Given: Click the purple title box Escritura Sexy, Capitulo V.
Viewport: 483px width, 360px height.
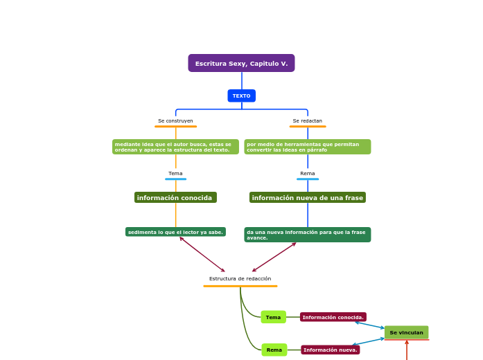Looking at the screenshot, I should pos(241,64).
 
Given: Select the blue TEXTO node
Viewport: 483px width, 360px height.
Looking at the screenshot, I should pos(241,96).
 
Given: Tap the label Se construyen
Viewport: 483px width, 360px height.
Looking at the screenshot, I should pos(175,121).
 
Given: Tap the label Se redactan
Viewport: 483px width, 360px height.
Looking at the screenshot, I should pos(307,121).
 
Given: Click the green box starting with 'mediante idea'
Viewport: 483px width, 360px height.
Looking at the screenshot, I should pos(175,147).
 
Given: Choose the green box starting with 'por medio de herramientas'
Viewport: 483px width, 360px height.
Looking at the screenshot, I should pos(307,147).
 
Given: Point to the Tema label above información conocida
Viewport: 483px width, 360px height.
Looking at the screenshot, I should pos(175,174).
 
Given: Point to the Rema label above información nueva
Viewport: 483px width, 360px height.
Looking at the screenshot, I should pos(307,174).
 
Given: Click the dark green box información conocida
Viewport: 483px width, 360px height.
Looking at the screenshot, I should pos(175,198).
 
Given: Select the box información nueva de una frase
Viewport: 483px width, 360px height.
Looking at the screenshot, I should pos(307,198).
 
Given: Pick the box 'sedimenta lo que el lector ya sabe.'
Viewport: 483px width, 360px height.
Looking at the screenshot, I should pos(175,232).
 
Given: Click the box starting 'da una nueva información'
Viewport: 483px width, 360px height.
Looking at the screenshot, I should pos(307,235).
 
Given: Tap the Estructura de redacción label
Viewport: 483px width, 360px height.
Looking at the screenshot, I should pos(240,279).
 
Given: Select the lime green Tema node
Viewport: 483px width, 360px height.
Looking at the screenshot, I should pos(273,317).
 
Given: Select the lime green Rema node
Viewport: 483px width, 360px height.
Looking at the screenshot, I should pos(274,350).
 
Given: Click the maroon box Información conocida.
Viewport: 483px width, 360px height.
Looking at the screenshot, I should pos(333,317).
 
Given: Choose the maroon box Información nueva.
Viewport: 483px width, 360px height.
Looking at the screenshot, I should pos(330,350).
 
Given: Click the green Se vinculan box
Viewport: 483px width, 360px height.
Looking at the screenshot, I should pos(406,332).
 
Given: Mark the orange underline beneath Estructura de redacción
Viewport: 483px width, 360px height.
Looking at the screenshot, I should pos(240,286).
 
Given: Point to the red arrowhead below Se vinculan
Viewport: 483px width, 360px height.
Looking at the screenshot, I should pos(407,342).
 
